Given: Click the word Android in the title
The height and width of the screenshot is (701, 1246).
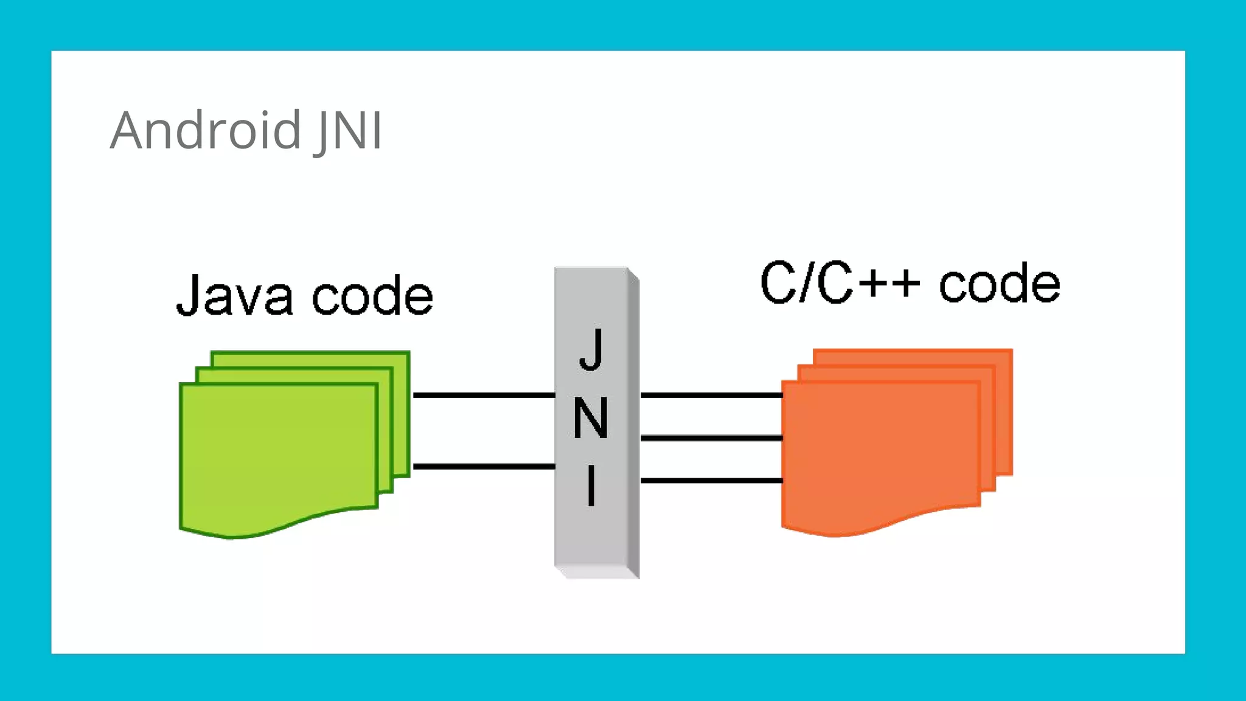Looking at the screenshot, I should click(x=206, y=130).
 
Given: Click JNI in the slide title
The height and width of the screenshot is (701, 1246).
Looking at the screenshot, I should click(x=349, y=130).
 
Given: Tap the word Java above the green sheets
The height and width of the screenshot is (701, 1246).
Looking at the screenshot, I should click(x=234, y=296).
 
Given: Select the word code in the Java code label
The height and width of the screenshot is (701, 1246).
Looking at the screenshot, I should click(x=372, y=296).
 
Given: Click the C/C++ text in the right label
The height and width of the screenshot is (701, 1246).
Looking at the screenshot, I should click(x=840, y=282).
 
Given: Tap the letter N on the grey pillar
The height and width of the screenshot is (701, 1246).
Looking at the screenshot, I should click(x=591, y=418).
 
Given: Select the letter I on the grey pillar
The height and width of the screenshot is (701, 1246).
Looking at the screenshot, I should click(x=591, y=485).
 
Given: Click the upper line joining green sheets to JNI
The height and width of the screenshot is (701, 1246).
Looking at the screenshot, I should click(x=484, y=396).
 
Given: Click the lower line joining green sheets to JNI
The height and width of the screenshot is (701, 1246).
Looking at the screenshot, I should click(x=484, y=467).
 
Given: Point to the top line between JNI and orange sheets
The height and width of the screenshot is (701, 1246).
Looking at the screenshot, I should click(x=711, y=396).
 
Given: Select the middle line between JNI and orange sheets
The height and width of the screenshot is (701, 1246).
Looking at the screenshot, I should click(x=711, y=438).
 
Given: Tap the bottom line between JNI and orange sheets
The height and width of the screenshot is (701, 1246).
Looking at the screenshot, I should click(x=711, y=481).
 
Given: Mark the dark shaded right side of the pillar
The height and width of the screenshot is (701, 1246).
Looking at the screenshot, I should click(x=633, y=426).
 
